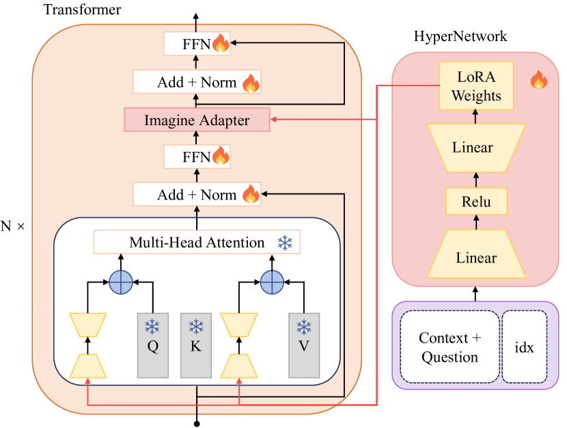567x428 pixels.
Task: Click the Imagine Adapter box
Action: pyautogui.click(x=197, y=121)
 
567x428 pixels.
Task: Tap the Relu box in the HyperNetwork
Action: pyautogui.click(x=476, y=202)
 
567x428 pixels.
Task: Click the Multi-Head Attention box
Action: pyautogui.click(x=197, y=242)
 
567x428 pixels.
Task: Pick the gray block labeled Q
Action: pyautogui.click(x=153, y=345)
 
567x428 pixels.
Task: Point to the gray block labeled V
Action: pyautogui.click(x=304, y=345)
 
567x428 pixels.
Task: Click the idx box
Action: pyautogui.click(x=525, y=347)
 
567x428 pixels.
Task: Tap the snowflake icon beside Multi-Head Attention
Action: pyautogui.click(x=284, y=242)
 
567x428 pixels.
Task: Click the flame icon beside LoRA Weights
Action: pyautogui.click(x=539, y=81)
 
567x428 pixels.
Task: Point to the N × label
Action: pyautogui.click(x=12, y=225)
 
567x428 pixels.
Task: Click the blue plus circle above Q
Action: pyautogui.click(x=121, y=281)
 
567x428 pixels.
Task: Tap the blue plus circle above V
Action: pyautogui.click(x=271, y=281)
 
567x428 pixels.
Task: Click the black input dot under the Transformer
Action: pyautogui.click(x=197, y=423)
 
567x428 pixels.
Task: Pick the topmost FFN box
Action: pyautogui.click(x=197, y=45)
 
